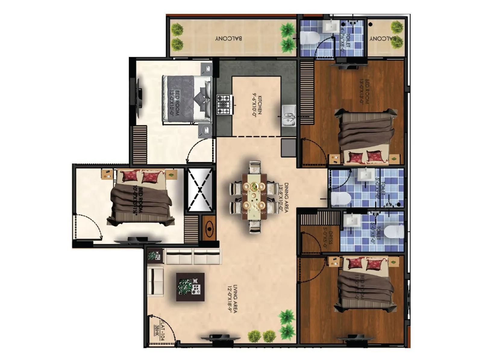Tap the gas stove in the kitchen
coord(224,105)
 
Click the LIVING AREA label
coord(233,299)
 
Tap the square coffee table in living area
coord(190,287)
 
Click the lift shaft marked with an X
coord(200,189)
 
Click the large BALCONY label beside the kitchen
coord(228,39)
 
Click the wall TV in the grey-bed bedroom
coord(139,98)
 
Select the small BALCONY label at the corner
coord(383,39)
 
